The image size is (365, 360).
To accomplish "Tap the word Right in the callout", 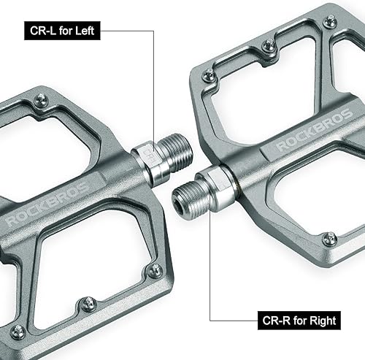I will [x=315, y=320].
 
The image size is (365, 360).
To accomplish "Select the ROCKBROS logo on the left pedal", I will [x=47, y=200].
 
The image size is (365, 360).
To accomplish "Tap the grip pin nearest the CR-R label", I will [x=330, y=238].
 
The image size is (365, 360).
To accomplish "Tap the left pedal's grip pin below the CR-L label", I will [x=41, y=101].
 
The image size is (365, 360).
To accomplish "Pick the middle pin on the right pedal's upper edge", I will [x=269, y=46].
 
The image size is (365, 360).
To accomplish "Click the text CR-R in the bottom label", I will [x=274, y=320].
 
